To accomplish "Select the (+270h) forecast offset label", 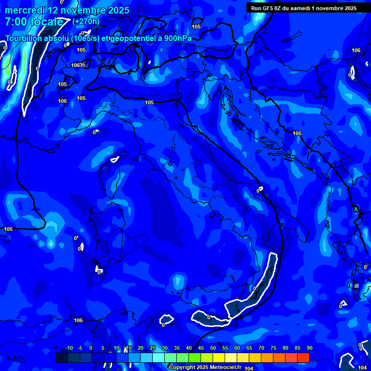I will click(86, 21).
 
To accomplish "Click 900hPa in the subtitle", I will click(177, 38).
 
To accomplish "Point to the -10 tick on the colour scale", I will click(69, 348).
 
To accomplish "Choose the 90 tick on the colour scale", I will click(309, 348).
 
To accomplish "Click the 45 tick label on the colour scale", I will click(201, 348).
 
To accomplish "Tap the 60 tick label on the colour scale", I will click(237, 348).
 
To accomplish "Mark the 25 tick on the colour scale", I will click(153, 348).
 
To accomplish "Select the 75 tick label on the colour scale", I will click(273, 348).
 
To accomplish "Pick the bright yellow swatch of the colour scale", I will click(219, 357).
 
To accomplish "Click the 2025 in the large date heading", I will click(115, 10).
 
